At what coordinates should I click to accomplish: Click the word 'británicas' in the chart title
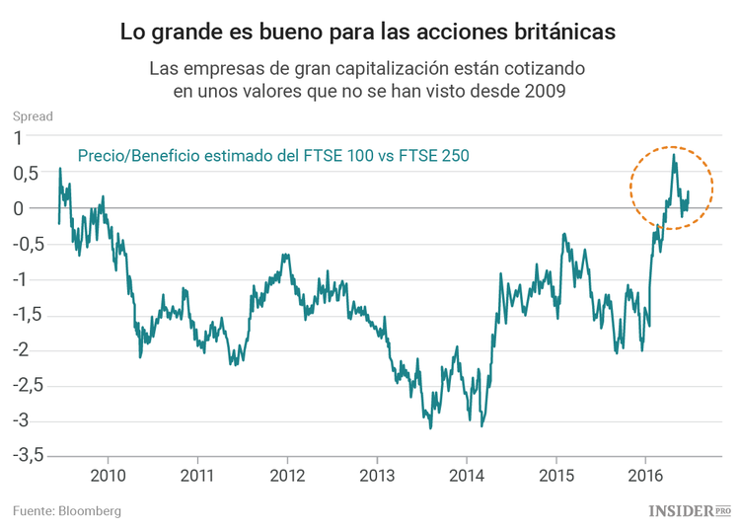(560, 32)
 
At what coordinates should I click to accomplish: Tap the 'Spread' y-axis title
(33, 116)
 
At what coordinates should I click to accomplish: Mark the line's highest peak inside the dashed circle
(674, 154)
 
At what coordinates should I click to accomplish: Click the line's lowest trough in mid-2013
(430, 427)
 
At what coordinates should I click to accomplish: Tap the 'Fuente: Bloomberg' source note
(67, 510)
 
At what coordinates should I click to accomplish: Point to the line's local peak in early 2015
(563, 234)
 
